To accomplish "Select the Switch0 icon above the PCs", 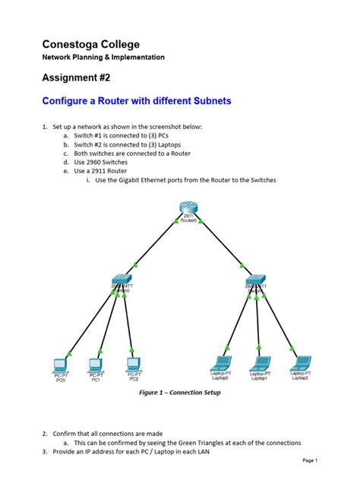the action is (120, 280).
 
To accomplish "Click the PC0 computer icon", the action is (60, 363).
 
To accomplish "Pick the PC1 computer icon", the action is (96, 363).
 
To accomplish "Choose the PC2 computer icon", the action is (133, 363).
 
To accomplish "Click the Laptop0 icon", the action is (221, 363).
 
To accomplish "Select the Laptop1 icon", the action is (260, 363).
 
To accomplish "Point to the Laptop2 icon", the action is (300, 363).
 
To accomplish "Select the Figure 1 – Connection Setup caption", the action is (179, 393).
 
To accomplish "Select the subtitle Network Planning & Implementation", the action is (103, 58).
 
